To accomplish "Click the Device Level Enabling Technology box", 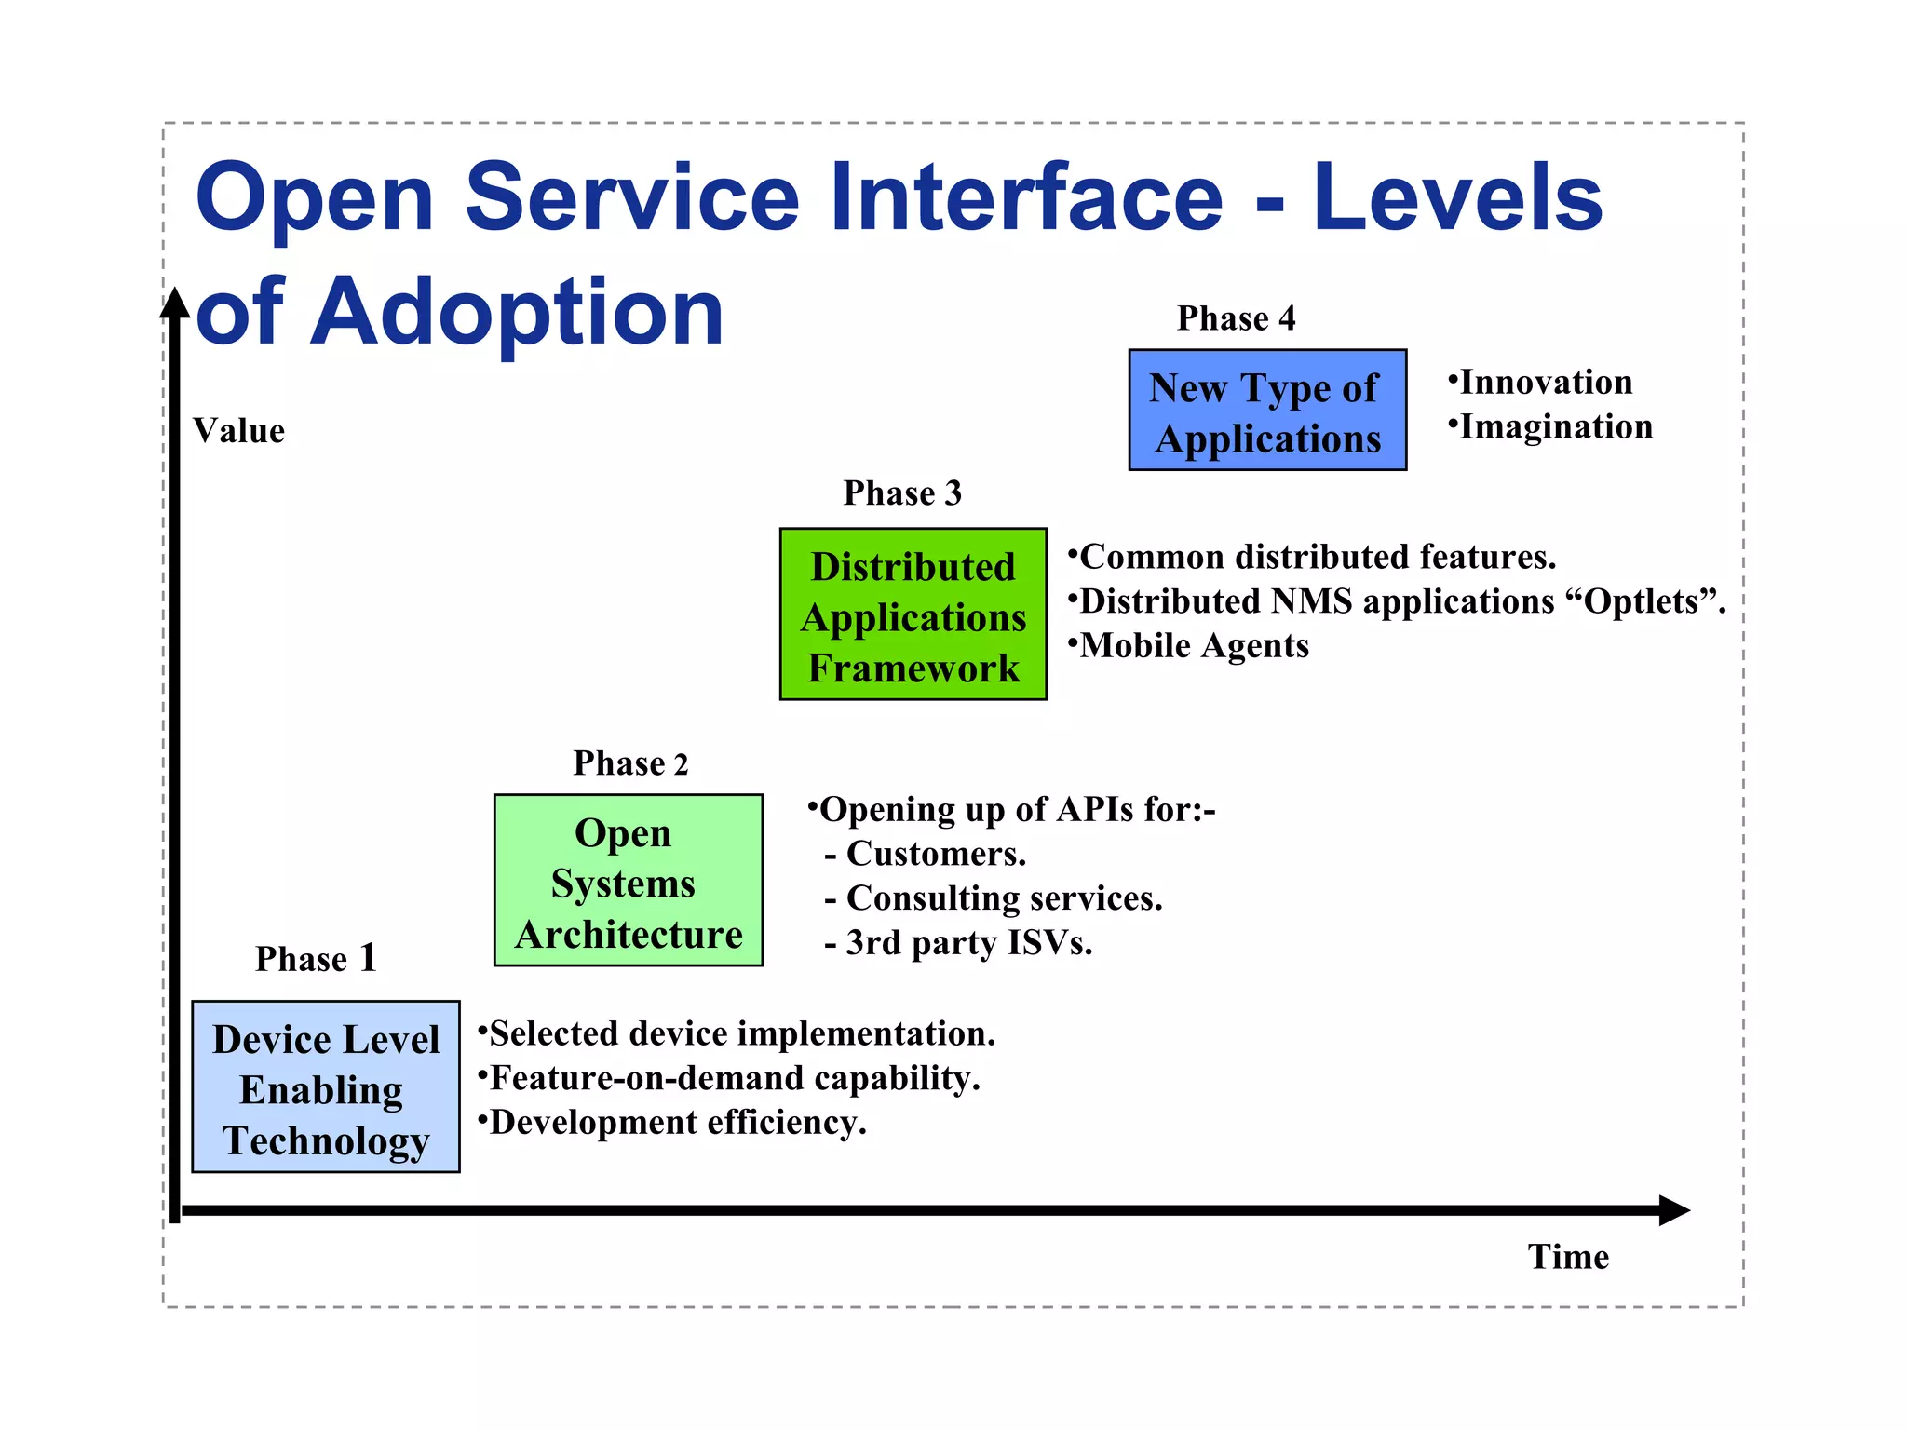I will pyautogui.click(x=325, y=1086).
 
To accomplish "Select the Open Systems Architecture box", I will pyautogui.click(x=628, y=881).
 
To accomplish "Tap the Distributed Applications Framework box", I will pyautogui.click(x=913, y=614).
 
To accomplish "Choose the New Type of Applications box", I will pyautogui.click(x=1266, y=411).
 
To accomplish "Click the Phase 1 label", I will pyautogui.click(x=316, y=959).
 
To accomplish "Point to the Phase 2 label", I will pyautogui.click(x=630, y=763).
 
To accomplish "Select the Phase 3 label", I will pyautogui.click(x=901, y=493).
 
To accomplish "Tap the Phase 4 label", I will pyautogui.click(x=1236, y=318).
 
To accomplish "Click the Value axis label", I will pyautogui.click(x=238, y=431).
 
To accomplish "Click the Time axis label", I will pyautogui.click(x=1568, y=1257).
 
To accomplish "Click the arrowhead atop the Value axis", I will pyautogui.click(x=175, y=304).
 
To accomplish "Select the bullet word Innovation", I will pyautogui.click(x=1546, y=383).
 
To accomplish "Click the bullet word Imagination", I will pyautogui.click(x=1556, y=427).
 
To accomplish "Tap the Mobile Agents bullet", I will pyautogui.click(x=1194, y=646).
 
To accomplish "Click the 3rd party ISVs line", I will pyautogui.click(x=968, y=943).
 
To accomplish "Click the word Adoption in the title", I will pyautogui.click(x=517, y=312).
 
